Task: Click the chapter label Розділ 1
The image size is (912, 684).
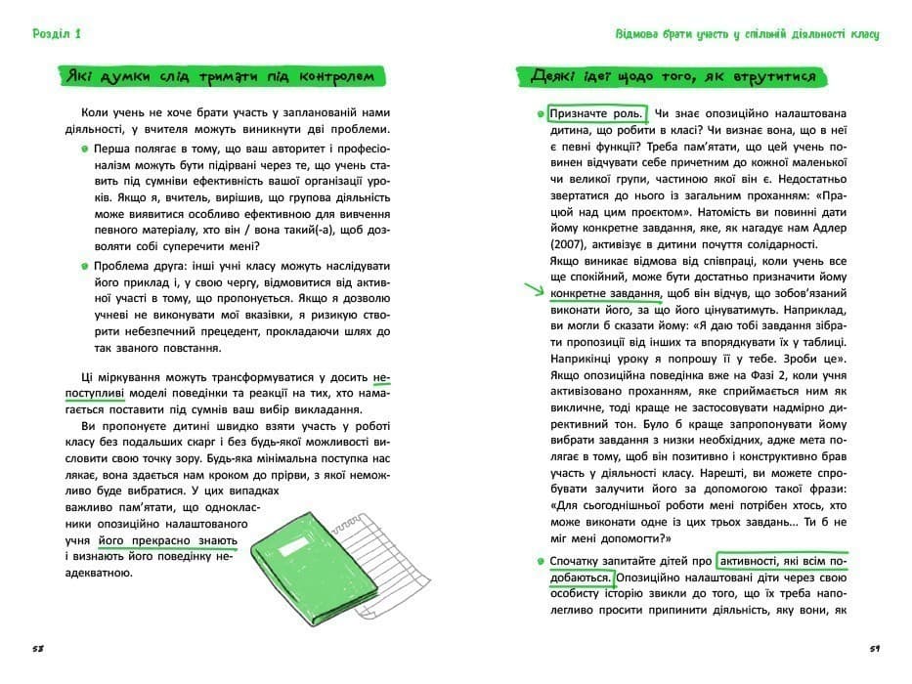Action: tap(56, 34)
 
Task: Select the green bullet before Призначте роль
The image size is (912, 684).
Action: tap(541, 113)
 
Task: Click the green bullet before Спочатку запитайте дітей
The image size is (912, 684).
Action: tap(541, 561)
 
